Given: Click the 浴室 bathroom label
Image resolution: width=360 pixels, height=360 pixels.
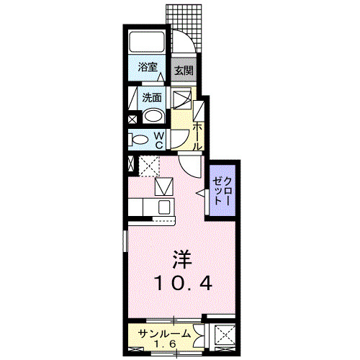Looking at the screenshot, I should click(148, 67).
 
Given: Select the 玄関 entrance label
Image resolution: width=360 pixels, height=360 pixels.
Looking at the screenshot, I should click(184, 71).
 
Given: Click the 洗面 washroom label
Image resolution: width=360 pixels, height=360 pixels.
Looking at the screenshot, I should click(151, 96).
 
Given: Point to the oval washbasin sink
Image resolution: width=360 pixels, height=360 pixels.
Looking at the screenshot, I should click(153, 117).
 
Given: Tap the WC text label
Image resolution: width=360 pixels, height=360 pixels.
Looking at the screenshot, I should click(160, 140).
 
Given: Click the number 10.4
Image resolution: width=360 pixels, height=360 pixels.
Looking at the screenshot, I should click(181, 283).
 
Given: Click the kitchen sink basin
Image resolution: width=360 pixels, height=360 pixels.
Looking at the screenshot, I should click(163, 207).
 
